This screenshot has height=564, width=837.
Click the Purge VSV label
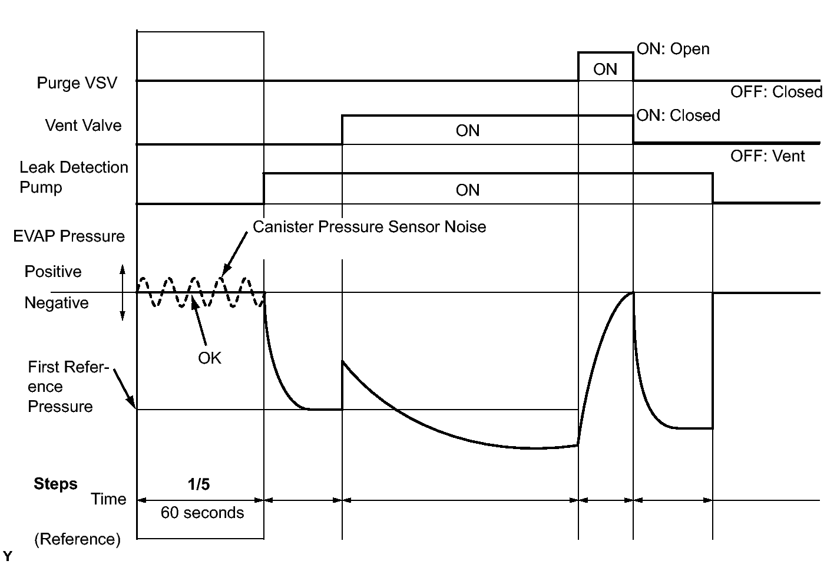[77, 83]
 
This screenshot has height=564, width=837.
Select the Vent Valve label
[83, 126]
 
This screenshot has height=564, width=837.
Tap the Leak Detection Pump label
[74, 177]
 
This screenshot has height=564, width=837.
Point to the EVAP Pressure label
[69, 236]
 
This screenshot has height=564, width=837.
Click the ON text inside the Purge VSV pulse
[605, 70]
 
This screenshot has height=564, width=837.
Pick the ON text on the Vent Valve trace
[468, 131]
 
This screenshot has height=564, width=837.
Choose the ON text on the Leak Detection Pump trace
[468, 190]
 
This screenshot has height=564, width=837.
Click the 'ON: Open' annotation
[673, 49]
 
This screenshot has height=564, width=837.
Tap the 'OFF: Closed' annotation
[776, 92]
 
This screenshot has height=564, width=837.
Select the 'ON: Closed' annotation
[678, 116]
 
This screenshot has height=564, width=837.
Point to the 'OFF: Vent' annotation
[767, 156]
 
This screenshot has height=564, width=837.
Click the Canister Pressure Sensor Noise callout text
[369, 227]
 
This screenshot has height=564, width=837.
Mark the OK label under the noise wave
[210, 358]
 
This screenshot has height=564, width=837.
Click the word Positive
[53, 272]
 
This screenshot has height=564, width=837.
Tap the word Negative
[57, 303]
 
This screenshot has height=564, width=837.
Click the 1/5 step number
[199, 484]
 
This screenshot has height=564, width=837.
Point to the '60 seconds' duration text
[202, 513]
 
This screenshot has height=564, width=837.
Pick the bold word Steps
[55, 484]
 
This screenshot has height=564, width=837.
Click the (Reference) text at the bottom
[77, 539]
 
